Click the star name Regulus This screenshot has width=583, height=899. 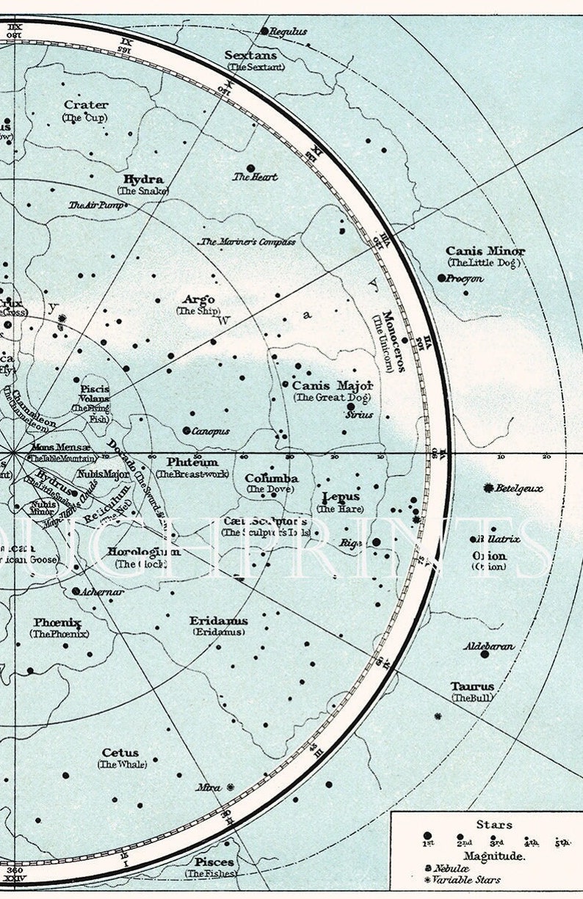(x=288, y=32)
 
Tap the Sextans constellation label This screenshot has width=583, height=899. (x=250, y=55)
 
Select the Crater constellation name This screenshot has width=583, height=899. (x=86, y=105)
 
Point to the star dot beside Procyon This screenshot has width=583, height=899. (x=441, y=278)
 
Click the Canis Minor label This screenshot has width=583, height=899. (x=485, y=251)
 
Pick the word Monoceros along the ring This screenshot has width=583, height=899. (x=389, y=341)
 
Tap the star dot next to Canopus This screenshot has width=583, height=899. (x=187, y=431)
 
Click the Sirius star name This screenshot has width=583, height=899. (x=360, y=415)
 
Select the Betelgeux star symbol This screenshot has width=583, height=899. (x=488, y=487)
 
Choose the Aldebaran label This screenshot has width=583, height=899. (x=488, y=647)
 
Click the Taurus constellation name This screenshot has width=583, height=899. (x=472, y=686)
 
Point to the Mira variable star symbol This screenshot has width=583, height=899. (x=231, y=787)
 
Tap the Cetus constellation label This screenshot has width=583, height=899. (x=120, y=752)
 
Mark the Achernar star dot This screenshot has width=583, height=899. (x=76, y=591)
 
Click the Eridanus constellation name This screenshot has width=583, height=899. (x=218, y=620)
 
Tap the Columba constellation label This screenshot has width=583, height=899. (x=271, y=478)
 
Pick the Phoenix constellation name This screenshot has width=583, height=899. (x=57, y=622)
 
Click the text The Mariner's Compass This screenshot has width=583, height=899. (x=248, y=241)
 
